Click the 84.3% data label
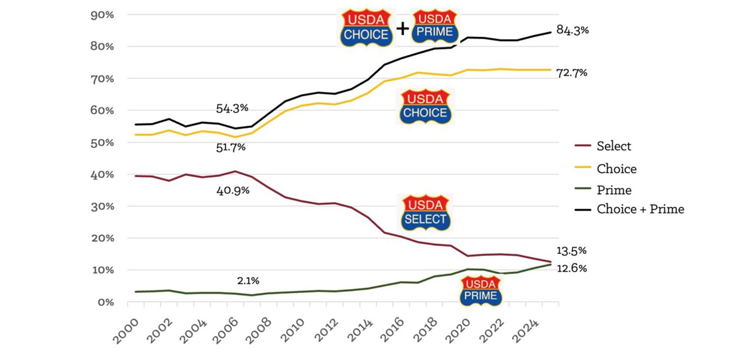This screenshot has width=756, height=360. tap(572, 30)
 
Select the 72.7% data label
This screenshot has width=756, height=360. tap(572, 73)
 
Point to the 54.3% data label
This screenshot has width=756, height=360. tap(232, 109)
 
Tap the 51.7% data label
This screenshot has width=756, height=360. tap(231, 147)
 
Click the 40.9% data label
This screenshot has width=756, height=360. tap(233, 190)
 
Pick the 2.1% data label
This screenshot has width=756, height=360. tap(248, 281)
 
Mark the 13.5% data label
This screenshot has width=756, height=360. tap(571, 250)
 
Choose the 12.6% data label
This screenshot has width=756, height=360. tap(571, 269)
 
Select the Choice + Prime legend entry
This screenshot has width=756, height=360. tap(640, 209)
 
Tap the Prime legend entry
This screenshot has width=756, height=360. tap(614, 190)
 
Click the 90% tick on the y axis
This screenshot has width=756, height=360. tap(102, 15)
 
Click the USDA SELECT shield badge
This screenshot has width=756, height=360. tap(425, 212)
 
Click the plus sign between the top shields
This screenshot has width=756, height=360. tap(403, 29)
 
